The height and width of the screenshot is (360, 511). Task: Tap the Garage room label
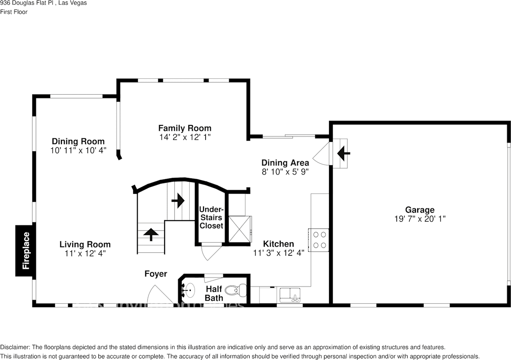click(x=420, y=210)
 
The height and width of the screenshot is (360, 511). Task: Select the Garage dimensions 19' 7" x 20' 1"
click(x=420, y=219)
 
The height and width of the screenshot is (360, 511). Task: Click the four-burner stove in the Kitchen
click(x=318, y=240)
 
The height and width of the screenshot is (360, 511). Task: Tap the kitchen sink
click(x=290, y=295)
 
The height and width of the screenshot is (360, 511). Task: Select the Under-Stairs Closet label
click(x=211, y=218)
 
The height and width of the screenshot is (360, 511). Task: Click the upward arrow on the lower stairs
click(x=151, y=235)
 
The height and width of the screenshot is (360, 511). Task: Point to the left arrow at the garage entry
click(x=343, y=153)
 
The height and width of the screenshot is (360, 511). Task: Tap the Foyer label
click(x=156, y=274)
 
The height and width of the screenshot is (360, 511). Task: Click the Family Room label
click(x=184, y=128)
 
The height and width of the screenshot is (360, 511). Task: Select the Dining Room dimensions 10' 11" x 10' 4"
click(x=78, y=150)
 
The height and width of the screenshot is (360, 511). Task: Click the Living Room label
click(x=85, y=245)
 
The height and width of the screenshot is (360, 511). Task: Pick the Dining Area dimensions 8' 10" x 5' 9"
click(x=285, y=172)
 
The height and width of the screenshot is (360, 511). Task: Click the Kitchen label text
click(x=278, y=244)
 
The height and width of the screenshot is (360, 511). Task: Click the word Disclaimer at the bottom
click(x=15, y=347)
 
